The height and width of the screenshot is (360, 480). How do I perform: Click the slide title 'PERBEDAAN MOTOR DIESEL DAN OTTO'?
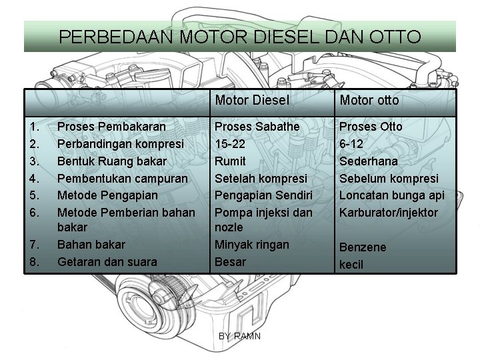[240, 36]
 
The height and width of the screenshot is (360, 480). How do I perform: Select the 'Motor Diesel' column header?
[252, 101]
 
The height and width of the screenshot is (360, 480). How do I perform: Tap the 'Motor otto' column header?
[369, 101]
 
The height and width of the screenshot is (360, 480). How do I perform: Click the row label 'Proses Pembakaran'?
[112, 126]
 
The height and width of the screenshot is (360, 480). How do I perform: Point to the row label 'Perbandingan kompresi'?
[121, 143]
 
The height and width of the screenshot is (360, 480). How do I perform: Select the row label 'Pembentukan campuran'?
[122, 178]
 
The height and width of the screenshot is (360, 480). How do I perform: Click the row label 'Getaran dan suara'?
[107, 262]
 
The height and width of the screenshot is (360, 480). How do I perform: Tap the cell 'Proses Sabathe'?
[257, 126]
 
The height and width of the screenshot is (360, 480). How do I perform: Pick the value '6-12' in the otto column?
[353, 143]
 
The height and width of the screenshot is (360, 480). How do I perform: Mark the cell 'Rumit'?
[230, 161]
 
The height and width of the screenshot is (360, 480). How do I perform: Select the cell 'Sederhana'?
[369, 161]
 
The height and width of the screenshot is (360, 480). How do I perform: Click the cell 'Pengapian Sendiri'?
[262, 195]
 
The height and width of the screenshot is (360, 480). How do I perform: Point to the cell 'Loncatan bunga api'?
[391, 195]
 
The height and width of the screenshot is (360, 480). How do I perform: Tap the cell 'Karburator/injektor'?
[389, 213]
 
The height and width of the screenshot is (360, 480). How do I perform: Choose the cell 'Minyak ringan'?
[252, 245]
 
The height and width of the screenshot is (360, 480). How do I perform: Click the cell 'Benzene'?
[363, 247]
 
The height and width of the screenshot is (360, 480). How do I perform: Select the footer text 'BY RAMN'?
[240, 336]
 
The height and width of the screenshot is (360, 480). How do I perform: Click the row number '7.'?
[34, 245]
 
